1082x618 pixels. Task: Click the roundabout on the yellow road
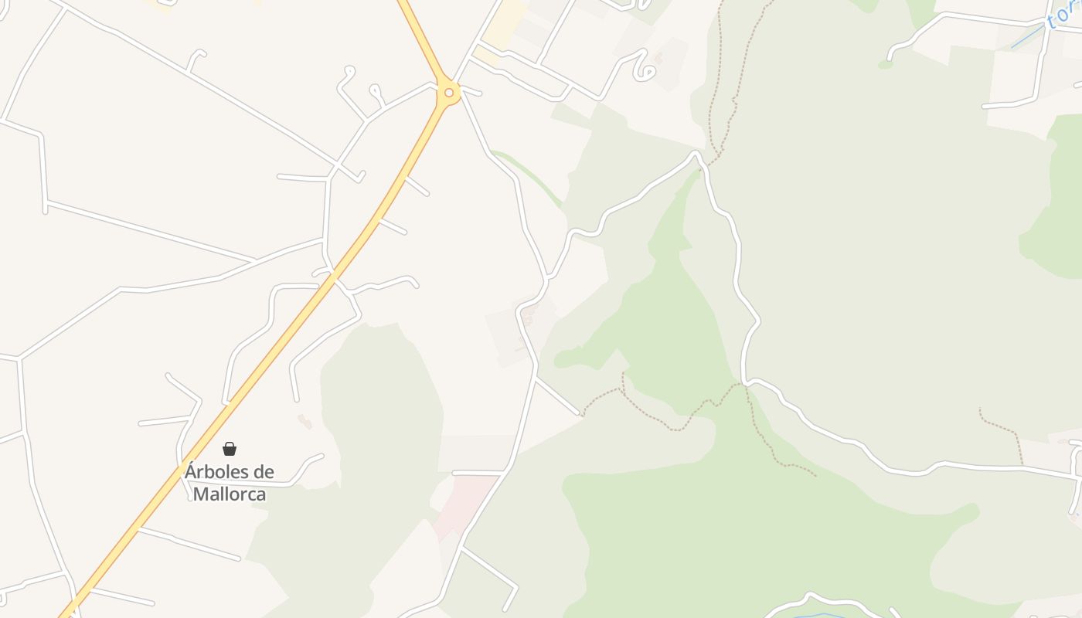448,93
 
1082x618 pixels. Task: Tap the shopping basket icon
230,449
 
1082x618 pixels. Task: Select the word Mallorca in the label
230,494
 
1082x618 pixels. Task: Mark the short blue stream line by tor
1026,37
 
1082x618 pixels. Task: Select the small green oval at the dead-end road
885,64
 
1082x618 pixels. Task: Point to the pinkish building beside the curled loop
658,57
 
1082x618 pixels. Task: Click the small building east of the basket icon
305,421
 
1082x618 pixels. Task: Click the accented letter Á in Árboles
190,470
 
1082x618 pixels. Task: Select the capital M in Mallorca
200,494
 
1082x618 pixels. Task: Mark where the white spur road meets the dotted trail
580,415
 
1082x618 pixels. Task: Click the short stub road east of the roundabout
471,93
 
